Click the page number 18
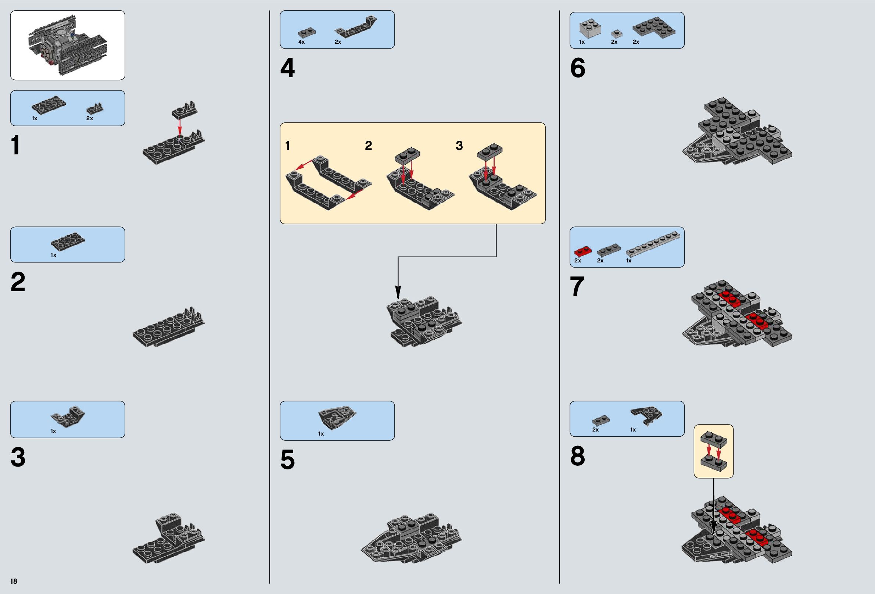(14, 581)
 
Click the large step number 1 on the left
(16, 146)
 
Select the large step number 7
(577, 286)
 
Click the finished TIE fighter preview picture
(68, 45)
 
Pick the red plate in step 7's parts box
(583, 250)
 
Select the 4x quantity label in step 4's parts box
(301, 42)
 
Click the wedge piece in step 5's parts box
(337, 417)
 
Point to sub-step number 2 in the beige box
(368, 146)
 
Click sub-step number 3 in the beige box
(459, 146)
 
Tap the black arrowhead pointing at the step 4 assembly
(398, 293)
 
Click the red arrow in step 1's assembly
(180, 126)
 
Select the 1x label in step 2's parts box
(53, 255)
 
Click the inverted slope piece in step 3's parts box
(68, 416)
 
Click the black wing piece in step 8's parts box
(646, 415)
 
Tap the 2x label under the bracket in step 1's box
(90, 118)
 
